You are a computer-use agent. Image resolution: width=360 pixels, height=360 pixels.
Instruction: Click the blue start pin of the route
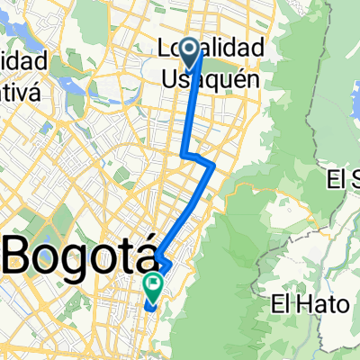[191, 50]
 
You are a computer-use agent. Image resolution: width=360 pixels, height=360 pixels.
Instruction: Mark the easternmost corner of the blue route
[213, 166]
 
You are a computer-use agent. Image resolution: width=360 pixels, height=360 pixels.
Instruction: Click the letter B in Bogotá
[21, 255]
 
